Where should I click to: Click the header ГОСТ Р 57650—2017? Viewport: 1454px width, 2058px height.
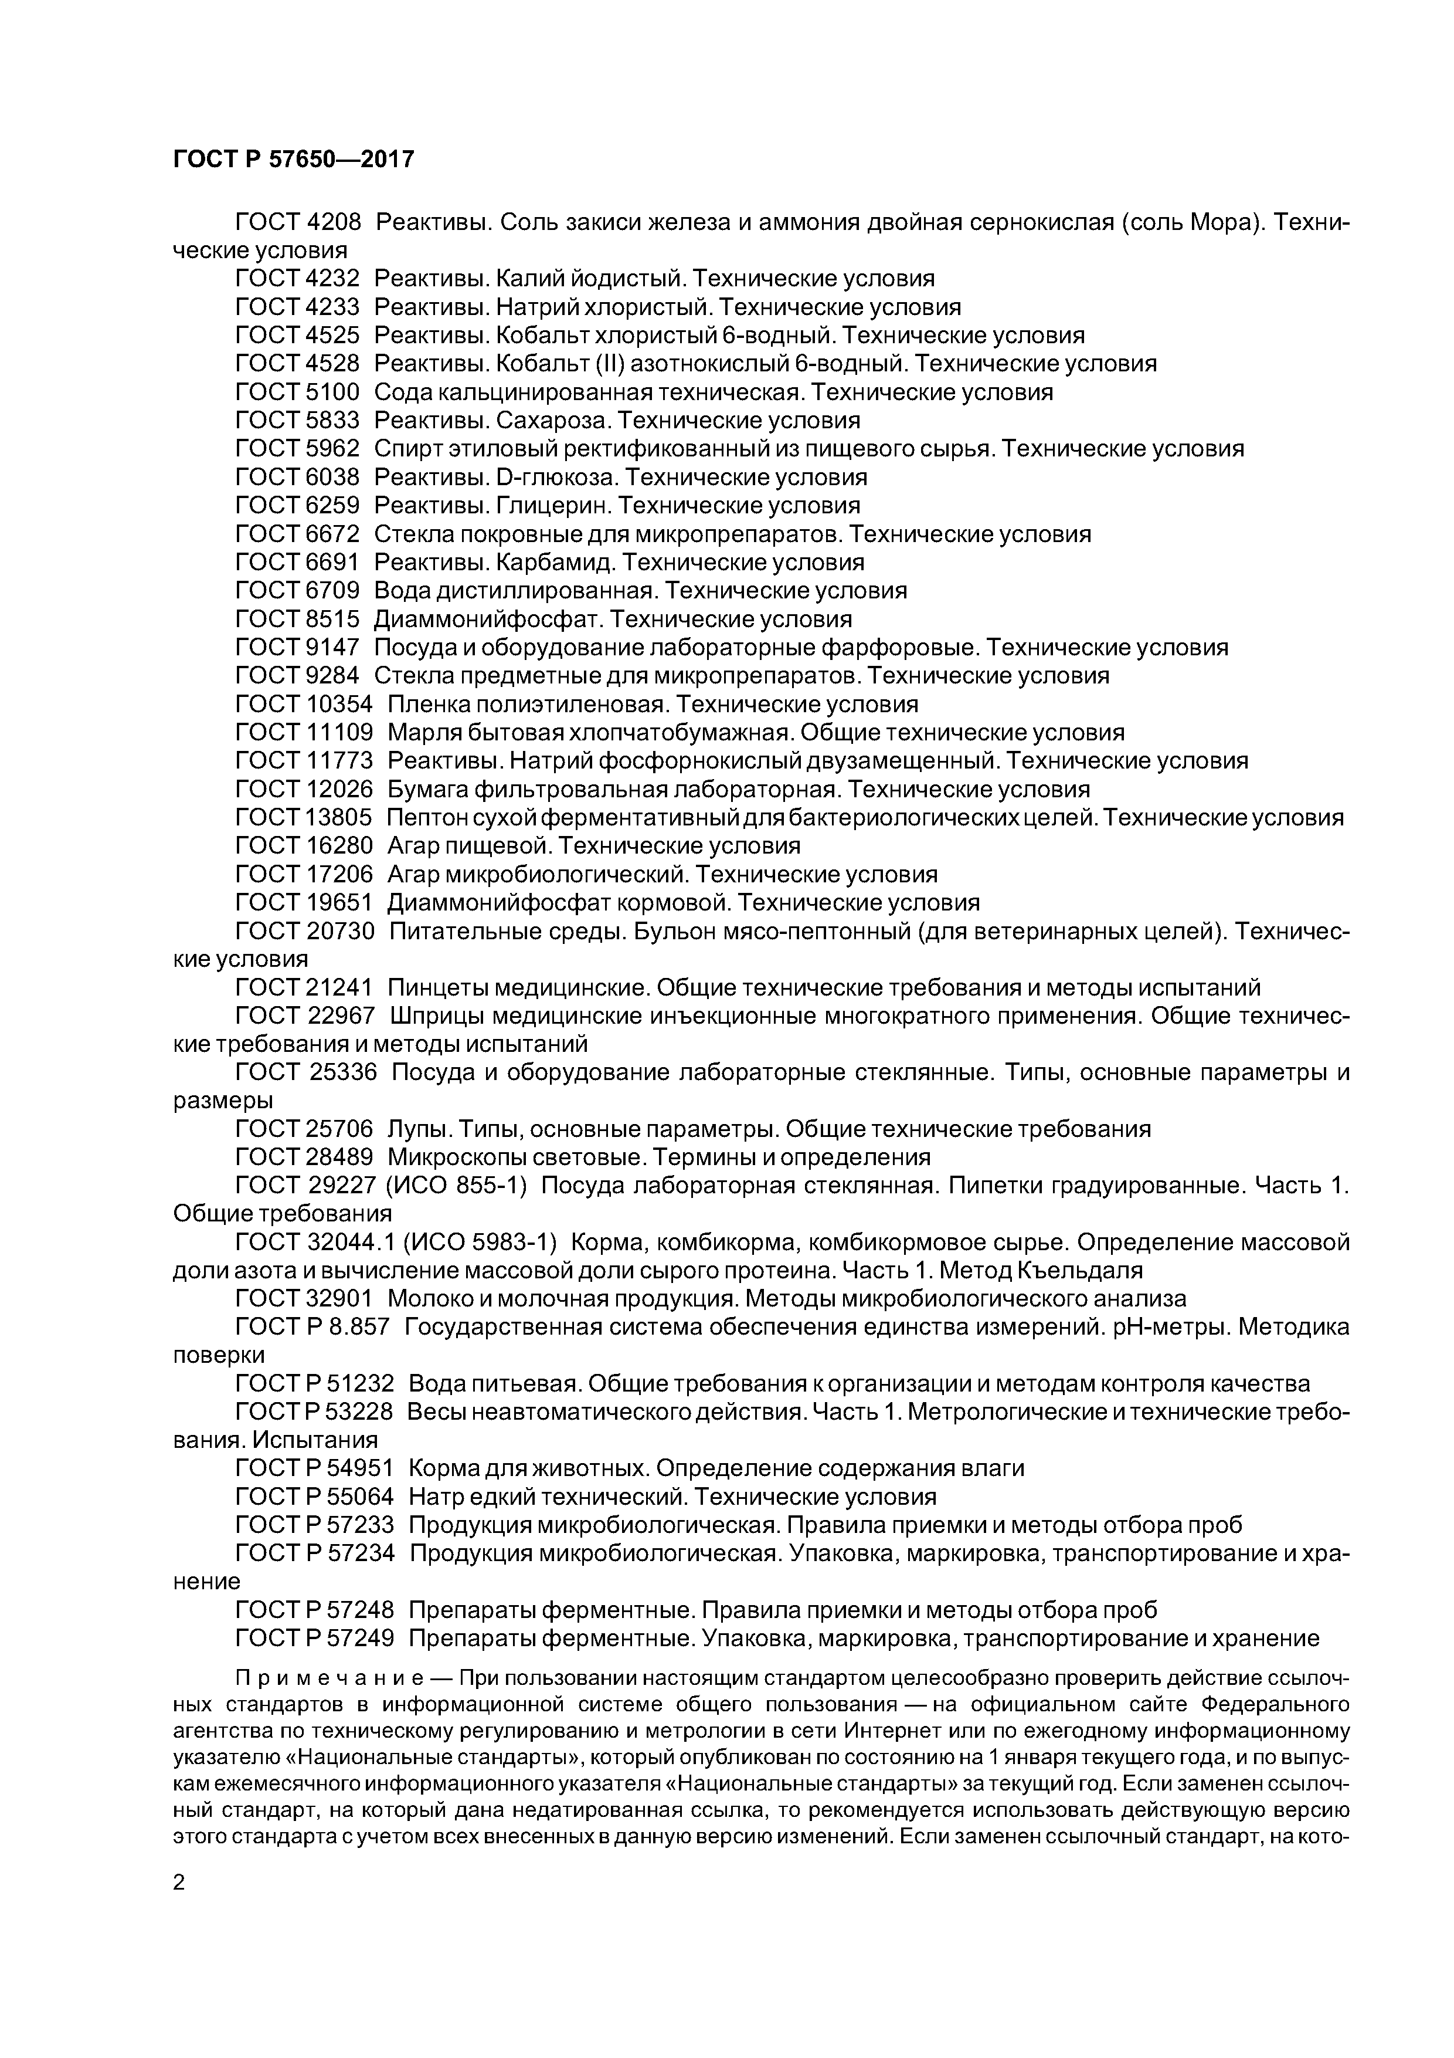point(293,160)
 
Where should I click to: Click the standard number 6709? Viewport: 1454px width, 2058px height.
point(332,591)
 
